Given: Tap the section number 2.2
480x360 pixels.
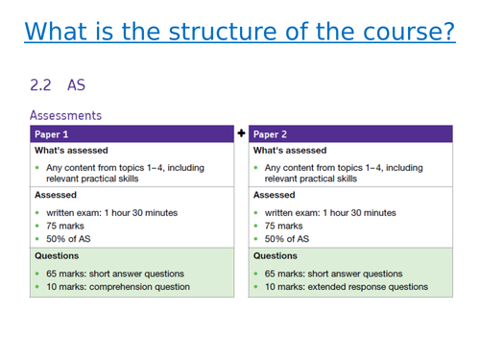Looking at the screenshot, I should click(x=41, y=85).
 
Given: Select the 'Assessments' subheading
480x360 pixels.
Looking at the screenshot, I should click(x=65, y=115).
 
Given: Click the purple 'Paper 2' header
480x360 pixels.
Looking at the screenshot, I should click(x=349, y=133).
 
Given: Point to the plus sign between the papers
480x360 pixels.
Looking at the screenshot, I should click(x=241, y=132).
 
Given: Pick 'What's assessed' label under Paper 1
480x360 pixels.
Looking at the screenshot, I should click(x=71, y=151).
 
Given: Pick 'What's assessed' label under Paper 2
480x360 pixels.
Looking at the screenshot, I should click(x=290, y=151).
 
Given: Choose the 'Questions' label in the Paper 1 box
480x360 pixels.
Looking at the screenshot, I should click(x=57, y=256).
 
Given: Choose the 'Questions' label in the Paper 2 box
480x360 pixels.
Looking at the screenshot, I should click(x=276, y=256).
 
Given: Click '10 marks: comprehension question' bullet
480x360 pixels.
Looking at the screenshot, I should click(x=120, y=286).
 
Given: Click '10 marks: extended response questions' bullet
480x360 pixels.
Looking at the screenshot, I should click(x=347, y=286).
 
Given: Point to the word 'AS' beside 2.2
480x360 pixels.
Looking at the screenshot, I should click(x=76, y=85).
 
